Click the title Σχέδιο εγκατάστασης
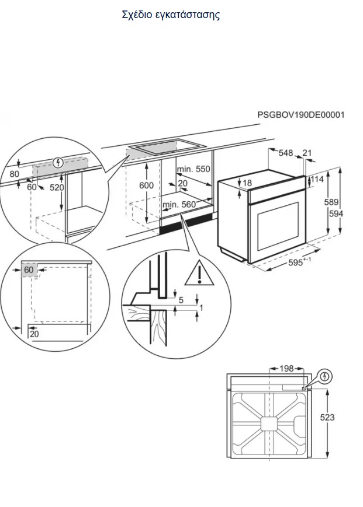(171, 15)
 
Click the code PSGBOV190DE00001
(300, 115)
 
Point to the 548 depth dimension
(285, 153)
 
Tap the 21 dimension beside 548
(307, 153)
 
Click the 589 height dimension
(332, 202)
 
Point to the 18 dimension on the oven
(247, 183)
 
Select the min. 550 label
(193, 169)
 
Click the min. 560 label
(179, 204)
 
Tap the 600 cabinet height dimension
(146, 186)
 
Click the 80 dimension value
(14, 174)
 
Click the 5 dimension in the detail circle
(181, 300)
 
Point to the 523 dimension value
(344, 418)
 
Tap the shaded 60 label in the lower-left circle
(29, 270)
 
